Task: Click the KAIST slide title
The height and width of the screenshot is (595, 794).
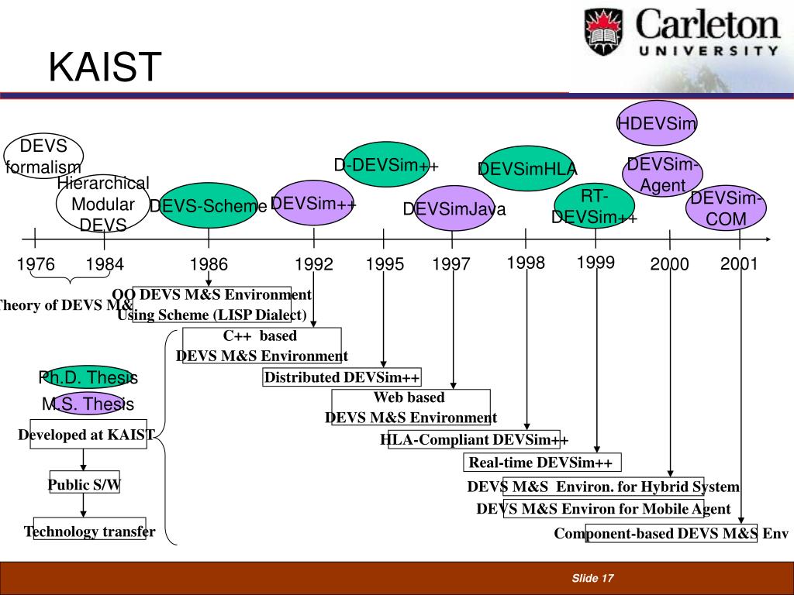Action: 105,67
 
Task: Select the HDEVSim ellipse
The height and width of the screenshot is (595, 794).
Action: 657,122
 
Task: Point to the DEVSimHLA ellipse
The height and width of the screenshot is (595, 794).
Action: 527,169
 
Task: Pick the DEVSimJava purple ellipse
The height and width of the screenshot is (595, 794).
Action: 454,208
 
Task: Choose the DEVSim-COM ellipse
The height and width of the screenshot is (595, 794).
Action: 726,208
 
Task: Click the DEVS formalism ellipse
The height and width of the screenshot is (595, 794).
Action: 43,156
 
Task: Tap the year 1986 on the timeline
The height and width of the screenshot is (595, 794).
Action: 209,265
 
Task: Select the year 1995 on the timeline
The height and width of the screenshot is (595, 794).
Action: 385,265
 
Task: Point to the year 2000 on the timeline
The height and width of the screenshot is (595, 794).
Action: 670,265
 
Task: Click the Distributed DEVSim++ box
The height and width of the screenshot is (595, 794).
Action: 342,377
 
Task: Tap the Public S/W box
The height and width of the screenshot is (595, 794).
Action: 84,485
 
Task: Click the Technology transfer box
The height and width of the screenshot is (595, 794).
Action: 89,531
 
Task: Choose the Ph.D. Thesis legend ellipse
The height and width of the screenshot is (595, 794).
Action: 88,378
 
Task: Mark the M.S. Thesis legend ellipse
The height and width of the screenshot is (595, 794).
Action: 88,404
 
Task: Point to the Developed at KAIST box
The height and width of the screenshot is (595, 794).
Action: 86,435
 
